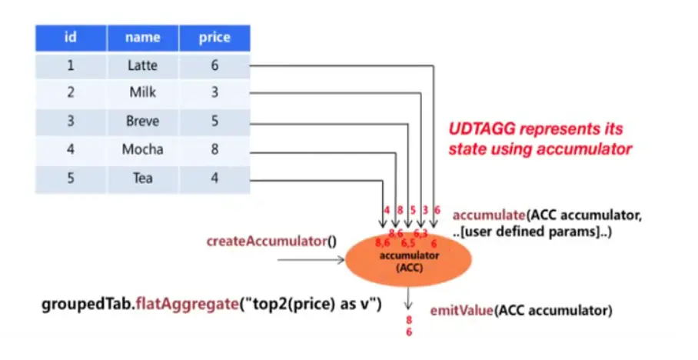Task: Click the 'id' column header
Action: point(70,38)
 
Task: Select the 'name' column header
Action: point(142,38)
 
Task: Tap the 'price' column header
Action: point(214,38)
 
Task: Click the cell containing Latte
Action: point(142,66)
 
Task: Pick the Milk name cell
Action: point(142,94)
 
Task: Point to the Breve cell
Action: point(142,122)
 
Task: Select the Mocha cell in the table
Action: point(142,150)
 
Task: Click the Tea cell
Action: point(142,178)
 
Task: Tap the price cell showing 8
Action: point(214,150)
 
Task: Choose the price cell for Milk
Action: point(214,94)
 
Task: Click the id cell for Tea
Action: point(70,178)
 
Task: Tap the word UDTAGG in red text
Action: point(477,129)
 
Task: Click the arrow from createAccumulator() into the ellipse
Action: point(311,260)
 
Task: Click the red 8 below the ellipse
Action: point(410,318)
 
